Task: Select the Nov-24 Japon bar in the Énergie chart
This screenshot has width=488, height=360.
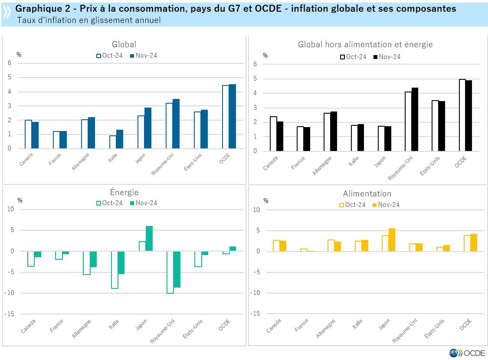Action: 149,239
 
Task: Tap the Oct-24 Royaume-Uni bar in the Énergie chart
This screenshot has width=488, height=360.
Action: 170,272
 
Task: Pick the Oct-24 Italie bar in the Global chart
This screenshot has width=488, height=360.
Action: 113,142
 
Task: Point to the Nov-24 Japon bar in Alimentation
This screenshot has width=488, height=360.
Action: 392,240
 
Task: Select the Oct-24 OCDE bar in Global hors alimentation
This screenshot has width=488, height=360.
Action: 462,115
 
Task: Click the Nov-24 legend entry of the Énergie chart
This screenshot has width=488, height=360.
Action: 143,203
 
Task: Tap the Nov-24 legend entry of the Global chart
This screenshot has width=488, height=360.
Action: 143,56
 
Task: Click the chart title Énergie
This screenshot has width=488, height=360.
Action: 124,193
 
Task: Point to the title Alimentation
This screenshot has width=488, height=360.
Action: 367,194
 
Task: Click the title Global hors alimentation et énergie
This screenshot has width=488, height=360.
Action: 365,44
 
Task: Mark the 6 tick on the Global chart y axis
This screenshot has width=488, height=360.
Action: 10,63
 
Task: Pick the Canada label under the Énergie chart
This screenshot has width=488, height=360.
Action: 28,327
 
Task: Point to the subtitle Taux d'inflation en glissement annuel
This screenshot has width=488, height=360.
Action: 89,20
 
